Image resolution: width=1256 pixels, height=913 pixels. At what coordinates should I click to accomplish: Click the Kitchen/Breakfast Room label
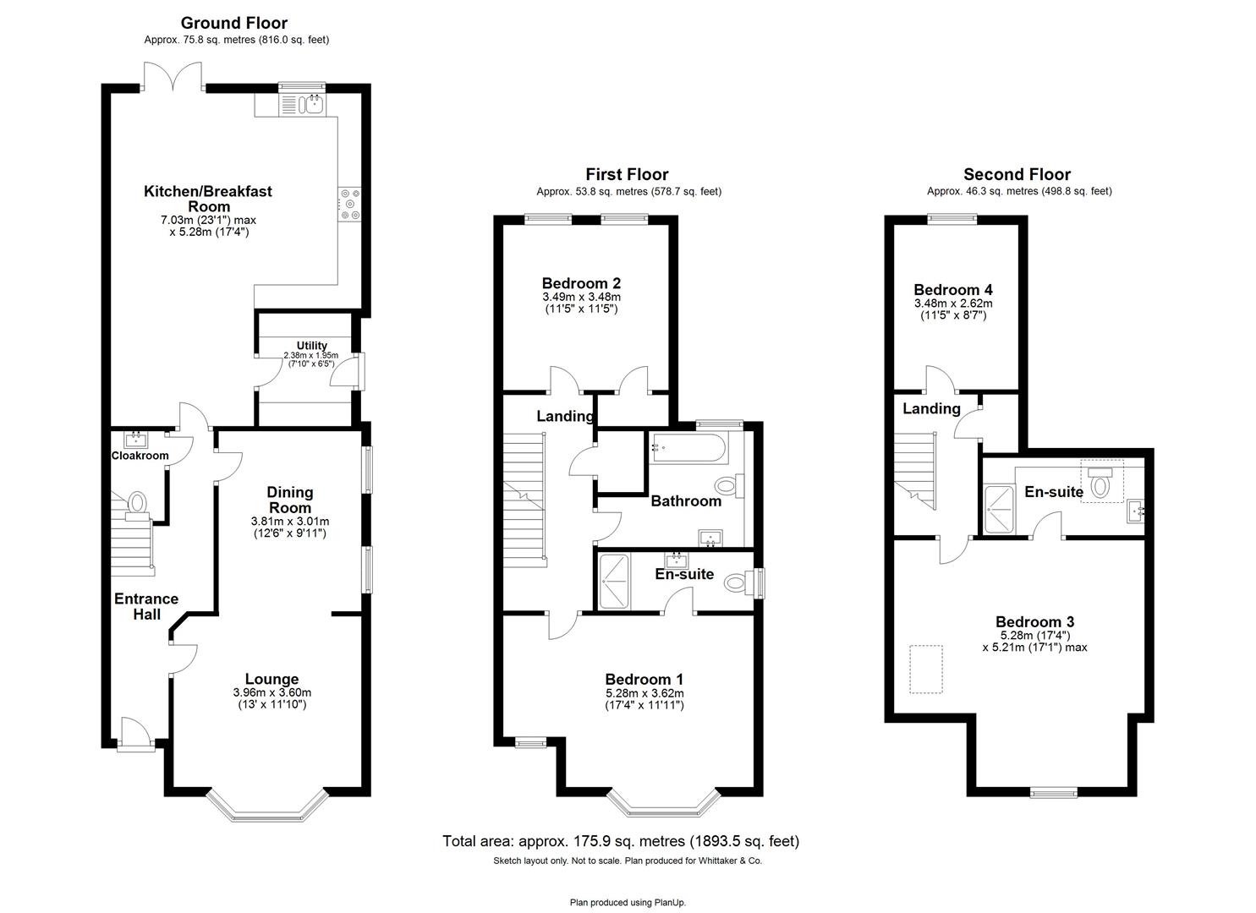pyautogui.click(x=208, y=199)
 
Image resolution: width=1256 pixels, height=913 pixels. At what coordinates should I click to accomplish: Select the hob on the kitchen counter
pyautogui.click(x=349, y=205)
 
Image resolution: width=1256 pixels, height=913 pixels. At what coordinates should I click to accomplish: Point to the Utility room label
pyautogui.click(x=311, y=346)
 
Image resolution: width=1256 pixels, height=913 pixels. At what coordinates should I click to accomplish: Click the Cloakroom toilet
pyautogui.click(x=136, y=504)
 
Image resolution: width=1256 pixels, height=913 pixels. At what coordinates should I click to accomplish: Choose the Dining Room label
pyautogui.click(x=290, y=500)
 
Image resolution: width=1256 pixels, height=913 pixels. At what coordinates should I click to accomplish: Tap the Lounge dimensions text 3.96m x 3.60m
pyautogui.click(x=271, y=692)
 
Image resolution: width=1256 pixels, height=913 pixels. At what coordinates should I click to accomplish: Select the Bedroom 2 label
pyautogui.click(x=581, y=283)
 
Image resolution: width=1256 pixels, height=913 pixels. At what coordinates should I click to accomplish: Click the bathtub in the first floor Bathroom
pyautogui.click(x=686, y=448)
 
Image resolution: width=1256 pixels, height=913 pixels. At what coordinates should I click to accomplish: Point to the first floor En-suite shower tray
pyautogui.click(x=614, y=581)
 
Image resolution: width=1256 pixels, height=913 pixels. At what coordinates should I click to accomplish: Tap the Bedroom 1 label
pyautogui.click(x=644, y=679)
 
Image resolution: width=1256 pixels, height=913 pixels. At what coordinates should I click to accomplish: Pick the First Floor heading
pyautogui.click(x=627, y=175)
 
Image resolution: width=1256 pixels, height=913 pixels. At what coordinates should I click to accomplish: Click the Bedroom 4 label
pyautogui.click(x=953, y=289)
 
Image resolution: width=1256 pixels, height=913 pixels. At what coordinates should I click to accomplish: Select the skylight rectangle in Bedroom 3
pyautogui.click(x=926, y=670)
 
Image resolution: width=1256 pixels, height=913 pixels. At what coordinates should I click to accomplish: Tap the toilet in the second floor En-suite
pyautogui.click(x=1100, y=484)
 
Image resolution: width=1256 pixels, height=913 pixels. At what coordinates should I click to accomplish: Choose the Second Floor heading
pyautogui.click(x=1017, y=175)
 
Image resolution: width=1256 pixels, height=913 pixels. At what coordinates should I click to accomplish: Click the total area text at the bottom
pyautogui.click(x=620, y=841)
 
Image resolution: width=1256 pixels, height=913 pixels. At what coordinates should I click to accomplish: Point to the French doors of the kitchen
pyautogui.click(x=173, y=76)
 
